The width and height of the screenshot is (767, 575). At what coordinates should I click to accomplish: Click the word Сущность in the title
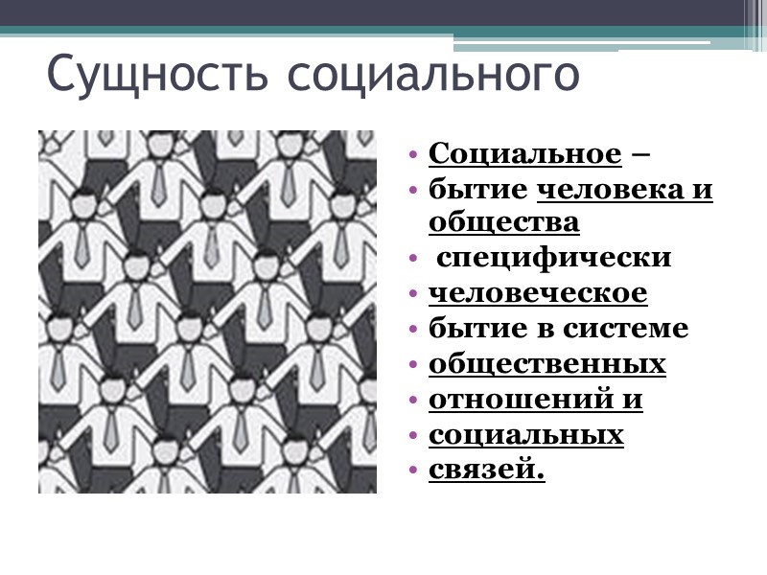[154, 76]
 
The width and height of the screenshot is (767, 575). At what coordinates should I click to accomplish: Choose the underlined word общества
[503, 223]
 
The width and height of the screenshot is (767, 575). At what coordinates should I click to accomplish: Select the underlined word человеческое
[537, 293]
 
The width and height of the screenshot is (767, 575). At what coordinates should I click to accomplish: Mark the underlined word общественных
[546, 365]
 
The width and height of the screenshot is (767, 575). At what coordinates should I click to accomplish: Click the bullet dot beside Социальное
[412, 155]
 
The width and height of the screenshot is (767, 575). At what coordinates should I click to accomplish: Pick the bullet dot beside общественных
[412, 366]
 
